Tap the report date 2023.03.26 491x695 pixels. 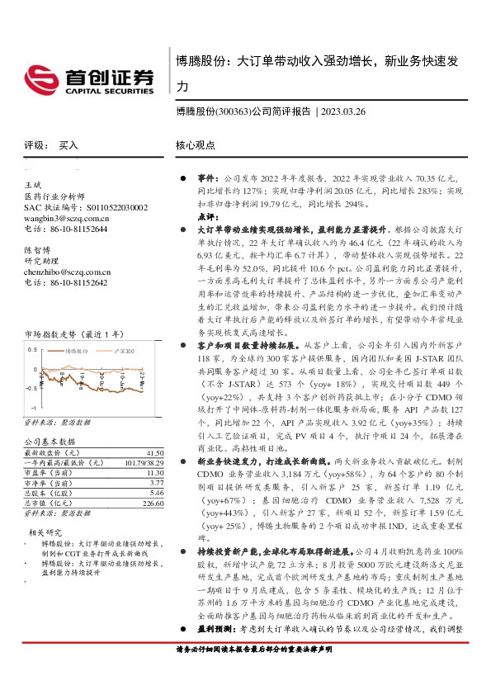[347, 111]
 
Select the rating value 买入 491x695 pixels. [68, 145]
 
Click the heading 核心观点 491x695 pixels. [195, 145]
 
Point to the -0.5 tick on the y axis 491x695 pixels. [31, 386]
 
